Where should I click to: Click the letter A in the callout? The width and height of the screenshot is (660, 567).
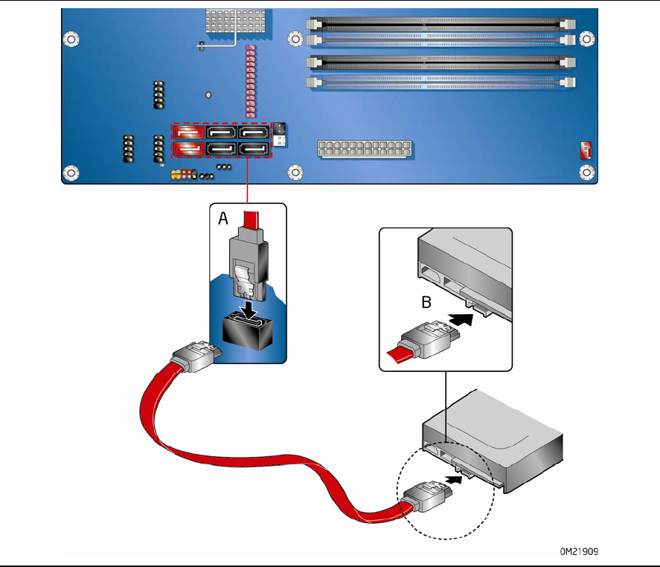pos(222,220)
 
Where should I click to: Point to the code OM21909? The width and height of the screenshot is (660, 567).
pos(580,552)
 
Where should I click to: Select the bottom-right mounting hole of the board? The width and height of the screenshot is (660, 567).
pos(588,173)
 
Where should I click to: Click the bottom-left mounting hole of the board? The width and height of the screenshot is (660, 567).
pos(71,173)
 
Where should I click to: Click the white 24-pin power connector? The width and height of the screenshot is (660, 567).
pos(365,148)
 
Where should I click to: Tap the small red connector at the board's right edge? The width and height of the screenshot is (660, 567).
pos(585,151)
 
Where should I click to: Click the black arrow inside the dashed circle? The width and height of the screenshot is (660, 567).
pos(461,478)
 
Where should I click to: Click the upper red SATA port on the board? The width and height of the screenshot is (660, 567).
pos(189,132)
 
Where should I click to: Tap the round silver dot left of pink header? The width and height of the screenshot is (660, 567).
pos(209,94)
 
